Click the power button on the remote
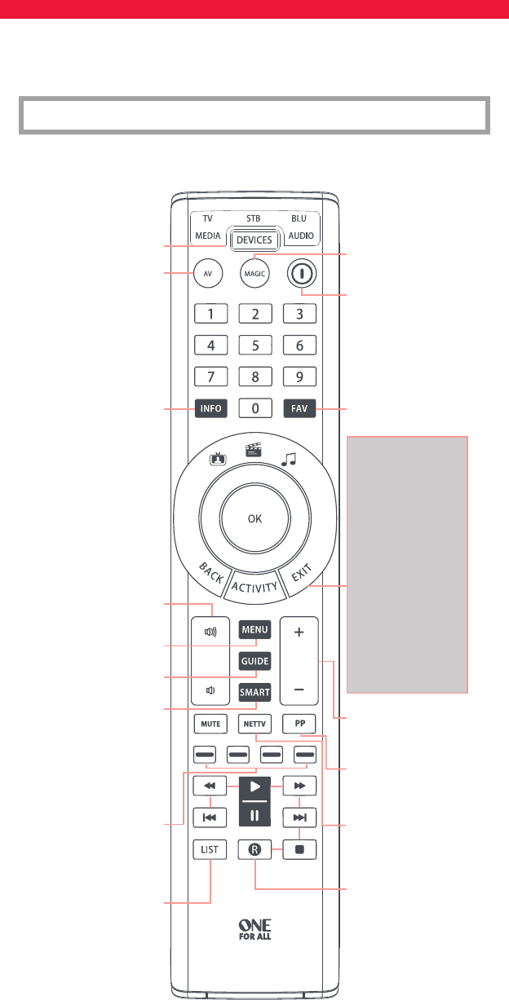(x=300, y=274)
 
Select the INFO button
(x=210, y=409)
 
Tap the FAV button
(x=299, y=409)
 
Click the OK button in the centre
(x=254, y=517)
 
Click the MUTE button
(x=210, y=723)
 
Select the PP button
(x=299, y=723)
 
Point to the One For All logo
(x=254, y=928)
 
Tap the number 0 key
(x=254, y=409)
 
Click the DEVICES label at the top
(x=254, y=240)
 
